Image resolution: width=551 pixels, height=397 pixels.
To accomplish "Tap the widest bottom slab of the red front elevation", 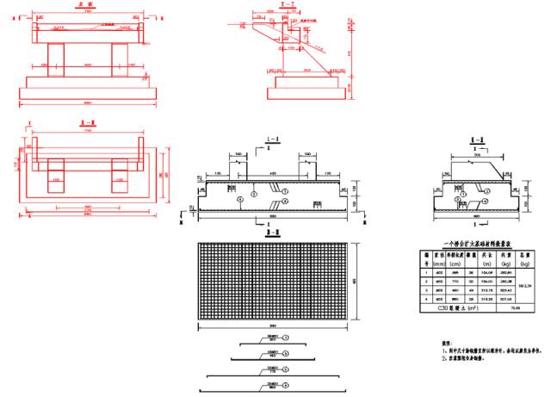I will coord(88,93).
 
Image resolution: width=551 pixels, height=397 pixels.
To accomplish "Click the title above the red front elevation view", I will coord(85,5).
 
